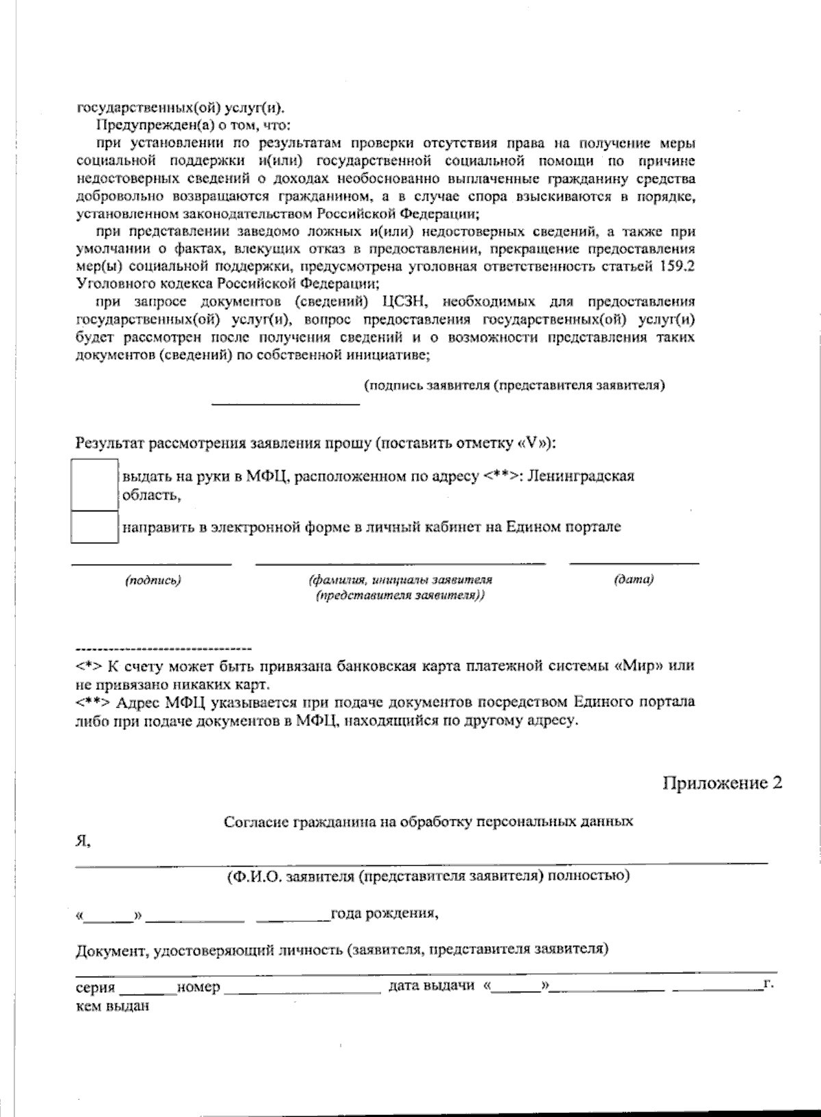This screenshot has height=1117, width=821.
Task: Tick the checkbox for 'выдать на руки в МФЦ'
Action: click(x=94, y=485)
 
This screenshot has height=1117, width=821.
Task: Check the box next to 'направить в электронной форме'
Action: click(x=94, y=526)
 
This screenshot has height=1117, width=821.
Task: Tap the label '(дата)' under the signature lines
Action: click(x=634, y=580)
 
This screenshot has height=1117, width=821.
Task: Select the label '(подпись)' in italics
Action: click(x=153, y=580)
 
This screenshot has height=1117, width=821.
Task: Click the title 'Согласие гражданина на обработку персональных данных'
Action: click(x=428, y=821)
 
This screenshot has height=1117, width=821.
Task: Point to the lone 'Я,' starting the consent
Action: click(x=82, y=842)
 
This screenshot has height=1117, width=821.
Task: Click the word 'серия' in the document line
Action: click(x=95, y=988)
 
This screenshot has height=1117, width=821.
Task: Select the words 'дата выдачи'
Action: click(x=431, y=986)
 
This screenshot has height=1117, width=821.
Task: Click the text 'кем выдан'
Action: click(x=112, y=1006)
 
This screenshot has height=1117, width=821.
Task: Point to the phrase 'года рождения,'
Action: click(x=384, y=913)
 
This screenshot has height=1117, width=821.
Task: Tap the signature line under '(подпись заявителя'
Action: click(x=285, y=403)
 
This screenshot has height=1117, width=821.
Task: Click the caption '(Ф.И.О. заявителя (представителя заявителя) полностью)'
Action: click(x=428, y=876)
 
